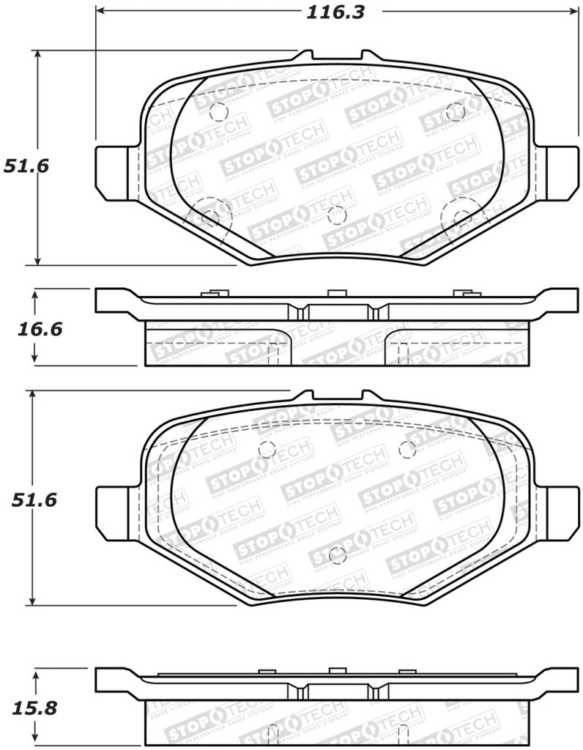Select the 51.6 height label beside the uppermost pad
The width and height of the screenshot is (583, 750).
(x=26, y=166)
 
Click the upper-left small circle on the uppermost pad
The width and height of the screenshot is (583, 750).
(x=218, y=112)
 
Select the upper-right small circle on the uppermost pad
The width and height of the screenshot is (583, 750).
(x=455, y=112)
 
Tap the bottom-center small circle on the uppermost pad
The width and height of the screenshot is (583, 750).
(x=337, y=215)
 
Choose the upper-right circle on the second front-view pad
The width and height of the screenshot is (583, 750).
(x=408, y=449)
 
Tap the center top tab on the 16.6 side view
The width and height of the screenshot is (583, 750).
(x=336, y=294)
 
